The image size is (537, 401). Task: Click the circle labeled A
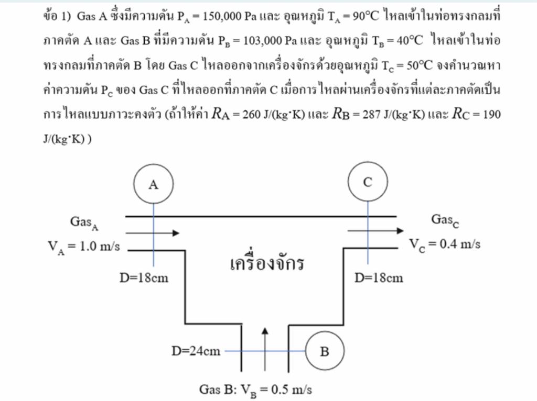[153, 184]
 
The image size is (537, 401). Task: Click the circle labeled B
[325, 351]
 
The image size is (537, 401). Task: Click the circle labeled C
[368, 182]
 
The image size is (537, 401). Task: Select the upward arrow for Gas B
[265, 346]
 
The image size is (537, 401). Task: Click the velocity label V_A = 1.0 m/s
[83, 247]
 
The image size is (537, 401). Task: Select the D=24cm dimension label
[196, 351]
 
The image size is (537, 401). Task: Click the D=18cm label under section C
[379, 278]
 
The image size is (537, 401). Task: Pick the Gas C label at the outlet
[445, 220]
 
